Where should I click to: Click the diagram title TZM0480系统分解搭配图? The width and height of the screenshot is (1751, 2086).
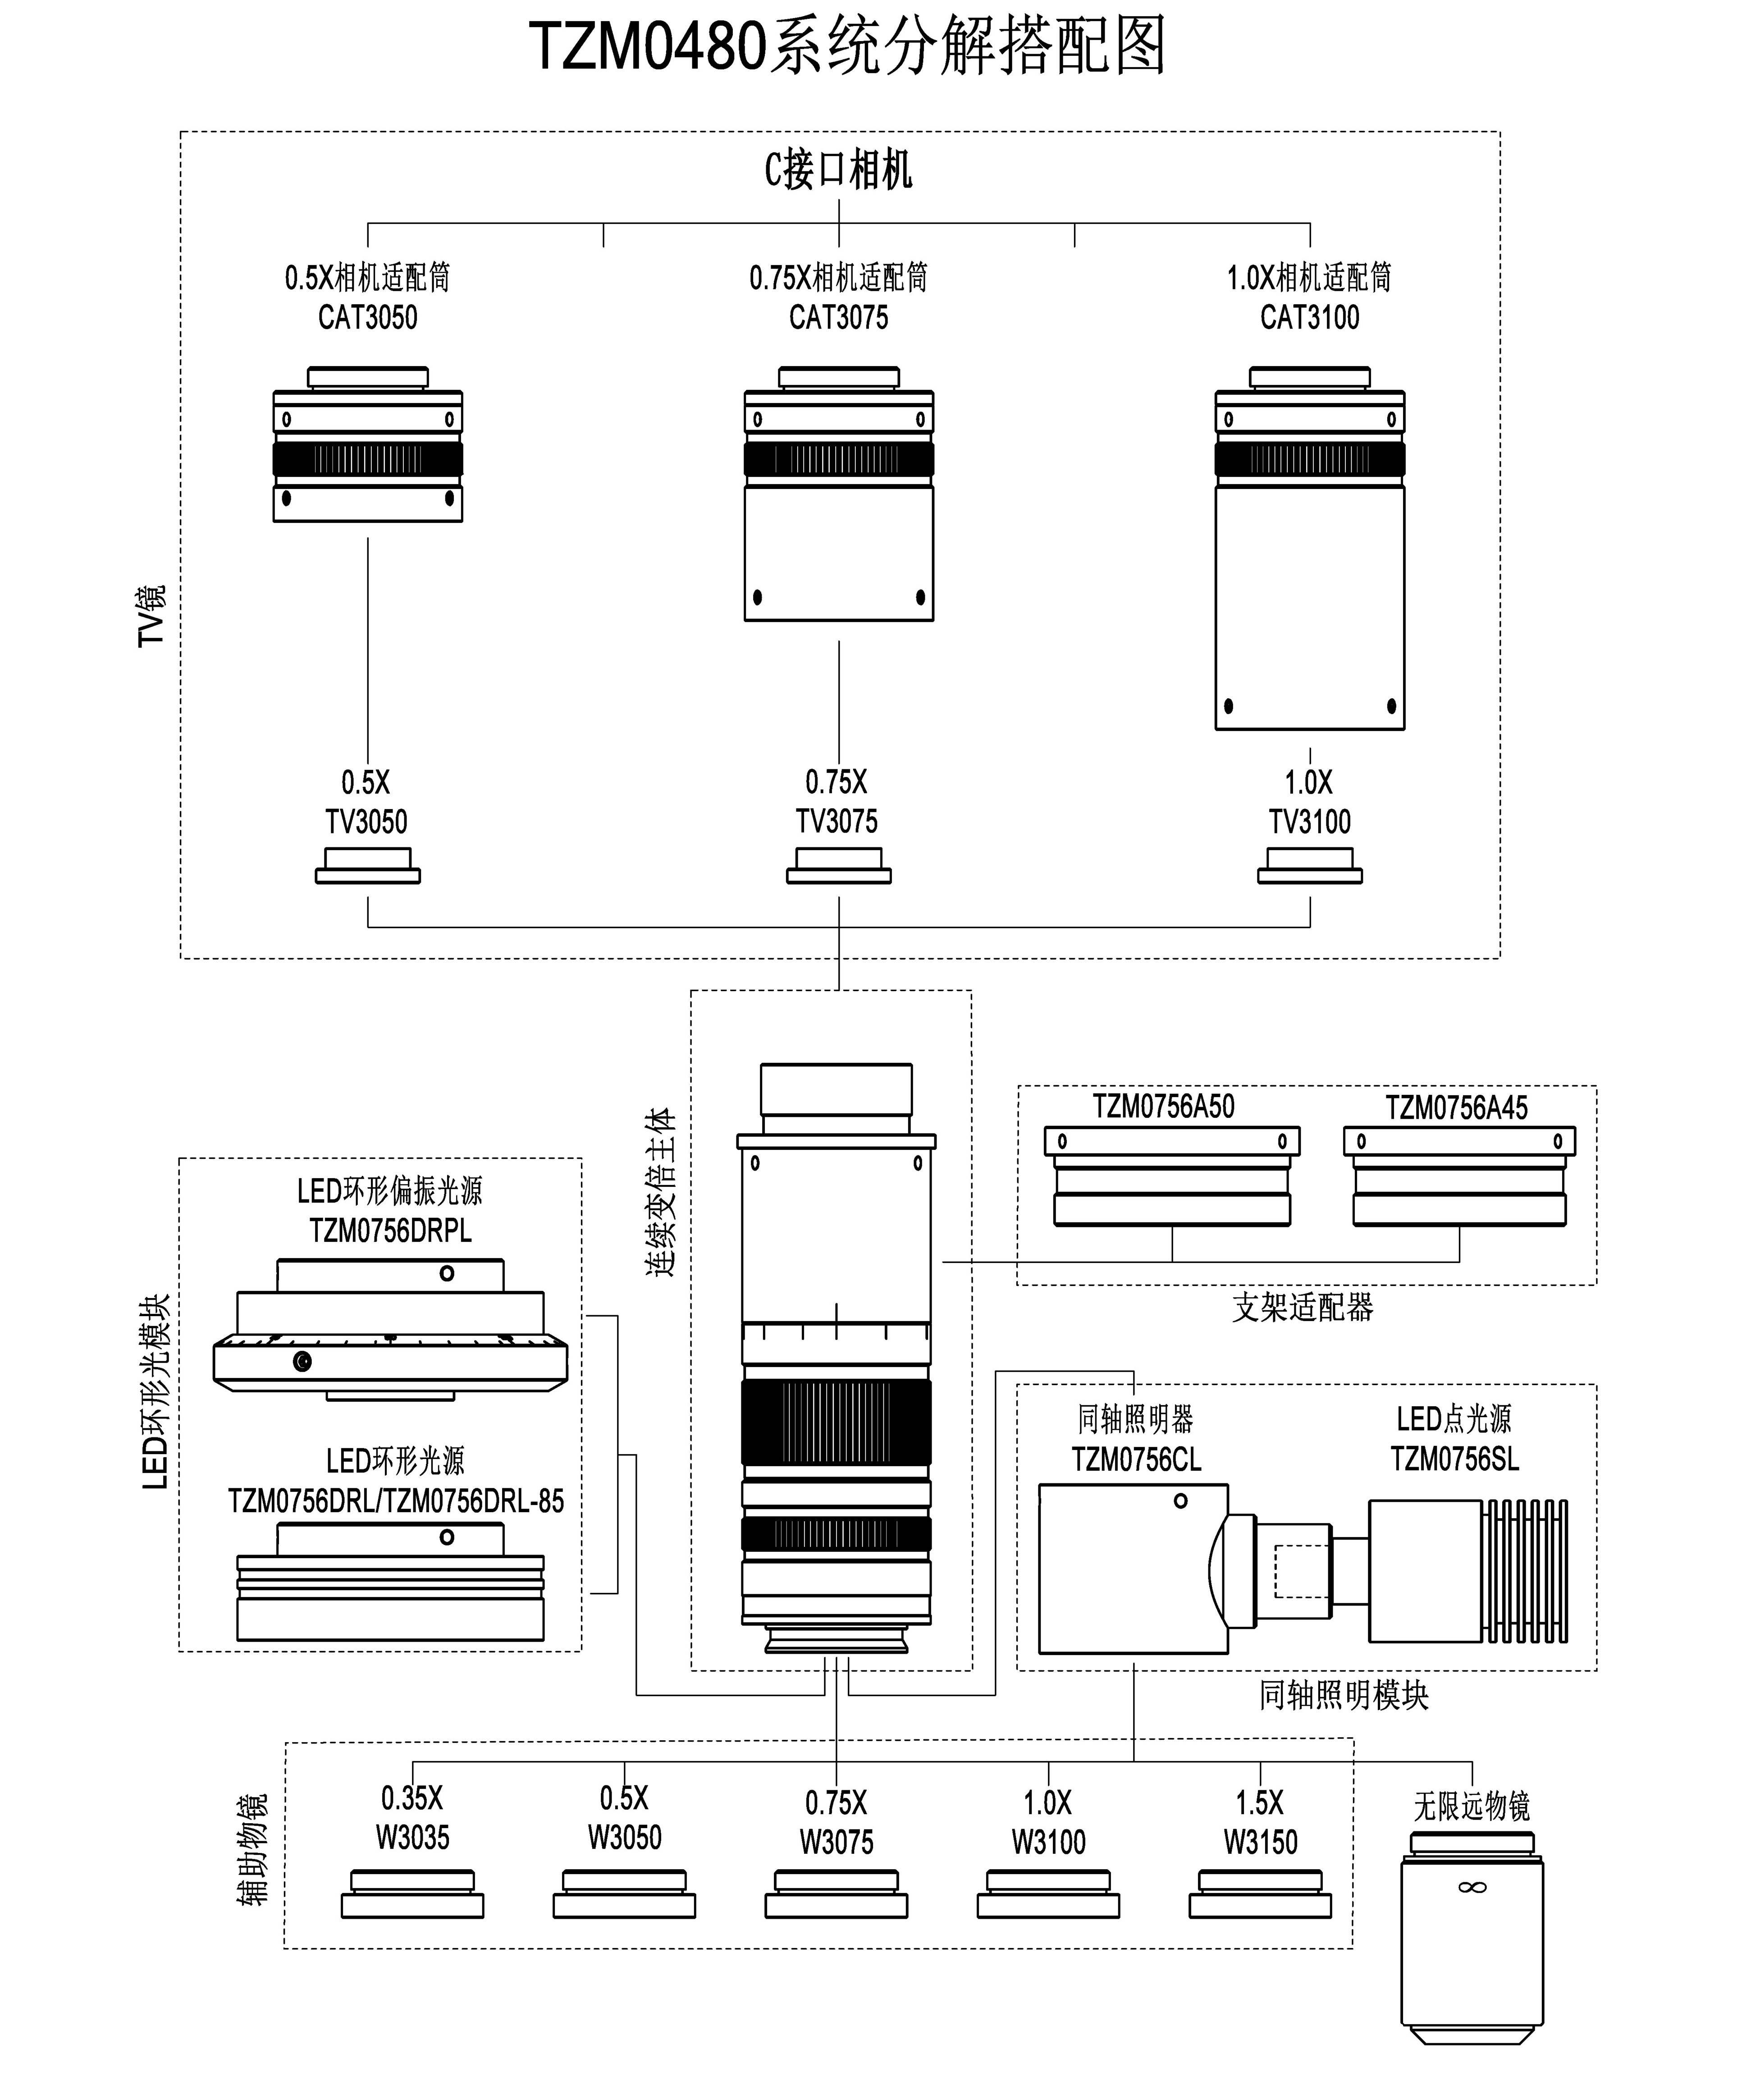tap(847, 47)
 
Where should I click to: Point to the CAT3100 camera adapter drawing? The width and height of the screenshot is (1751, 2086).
tap(1310, 549)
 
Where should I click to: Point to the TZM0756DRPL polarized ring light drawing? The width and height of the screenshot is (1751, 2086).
tap(390, 1330)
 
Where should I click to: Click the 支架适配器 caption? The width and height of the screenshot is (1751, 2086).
tap(1303, 1307)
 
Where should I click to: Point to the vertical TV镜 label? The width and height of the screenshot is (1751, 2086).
tap(152, 616)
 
